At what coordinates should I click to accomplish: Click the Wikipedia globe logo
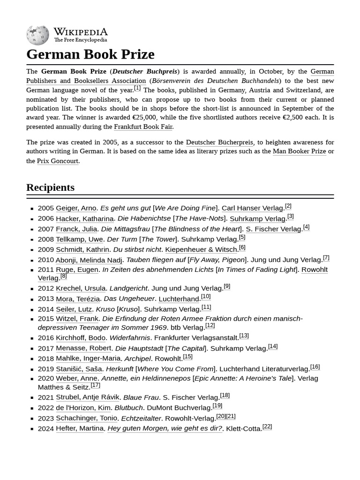pyautogui.click(x=37, y=35)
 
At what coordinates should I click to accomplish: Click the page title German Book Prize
pyautogui.click(x=90, y=54)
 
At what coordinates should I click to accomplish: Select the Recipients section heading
pyautogui.click(x=50, y=187)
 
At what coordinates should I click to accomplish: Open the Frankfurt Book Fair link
pyautogui.click(x=143, y=127)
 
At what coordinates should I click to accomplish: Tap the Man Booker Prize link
pyautogui.click(x=299, y=151)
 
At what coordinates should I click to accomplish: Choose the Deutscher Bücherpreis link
pyautogui.click(x=219, y=142)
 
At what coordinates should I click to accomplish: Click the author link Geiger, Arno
pyautogui.click(x=76, y=208)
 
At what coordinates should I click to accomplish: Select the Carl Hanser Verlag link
pyautogui.click(x=252, y=208)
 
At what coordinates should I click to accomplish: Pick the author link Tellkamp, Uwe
pyautogui.click(x=79, y=239)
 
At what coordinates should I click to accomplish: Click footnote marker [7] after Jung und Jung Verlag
pyautogui.click(x=326, y=257)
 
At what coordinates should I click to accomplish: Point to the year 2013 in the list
pyautogui.click(x=46, y=299)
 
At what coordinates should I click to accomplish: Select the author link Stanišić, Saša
pyautogui.click(x=79, y=369)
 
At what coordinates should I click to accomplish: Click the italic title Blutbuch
pyautogui.click(x=128, y=408)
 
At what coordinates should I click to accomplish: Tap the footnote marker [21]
pyautogui.click(x=231, y=416)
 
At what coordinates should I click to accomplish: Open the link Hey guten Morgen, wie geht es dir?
pyautogui.click(x=165, y=428)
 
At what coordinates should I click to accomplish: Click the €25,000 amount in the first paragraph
pyautogui.click(x=144, y=117)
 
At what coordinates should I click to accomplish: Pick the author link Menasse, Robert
pyautogui.click(x=83, y=348)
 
